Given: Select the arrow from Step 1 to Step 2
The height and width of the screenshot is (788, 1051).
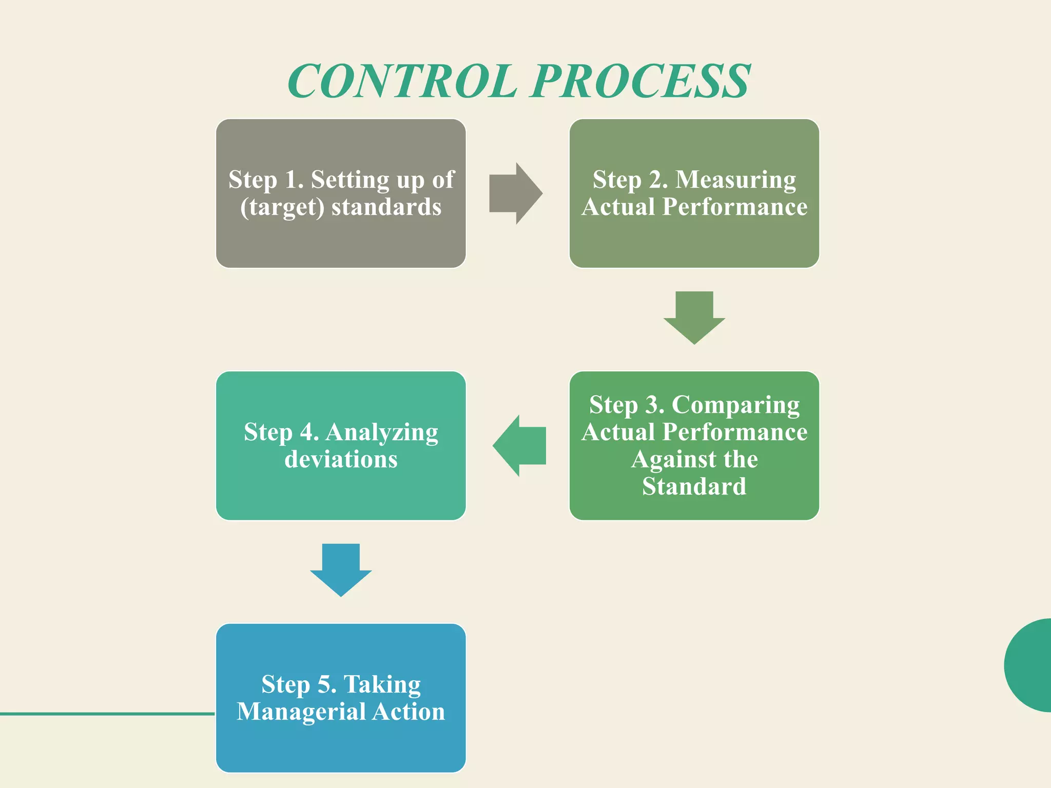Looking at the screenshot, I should (515, 193).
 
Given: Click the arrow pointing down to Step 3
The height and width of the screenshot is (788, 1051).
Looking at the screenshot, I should (694, 318).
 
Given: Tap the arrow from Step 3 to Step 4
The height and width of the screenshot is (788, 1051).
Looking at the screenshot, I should (519, 445).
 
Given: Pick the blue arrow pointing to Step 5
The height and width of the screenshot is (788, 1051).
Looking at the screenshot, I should (341, 569).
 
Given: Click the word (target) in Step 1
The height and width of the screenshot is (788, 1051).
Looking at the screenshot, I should (282, 207).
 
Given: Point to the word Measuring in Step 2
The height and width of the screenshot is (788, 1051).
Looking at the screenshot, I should (735, 180).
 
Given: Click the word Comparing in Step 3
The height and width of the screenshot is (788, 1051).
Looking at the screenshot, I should (735, 405).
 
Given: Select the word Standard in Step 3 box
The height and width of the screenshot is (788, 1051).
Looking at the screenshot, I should (694, 486).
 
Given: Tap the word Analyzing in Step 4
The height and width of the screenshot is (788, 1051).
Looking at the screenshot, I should (382, 432).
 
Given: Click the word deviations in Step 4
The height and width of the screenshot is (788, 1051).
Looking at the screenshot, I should (341, 459).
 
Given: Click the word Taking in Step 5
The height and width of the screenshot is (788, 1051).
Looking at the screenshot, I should (382, 684).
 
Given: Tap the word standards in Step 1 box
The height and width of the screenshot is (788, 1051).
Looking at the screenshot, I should (386, 207).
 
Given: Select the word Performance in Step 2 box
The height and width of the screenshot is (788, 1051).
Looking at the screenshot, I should (735, 207).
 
